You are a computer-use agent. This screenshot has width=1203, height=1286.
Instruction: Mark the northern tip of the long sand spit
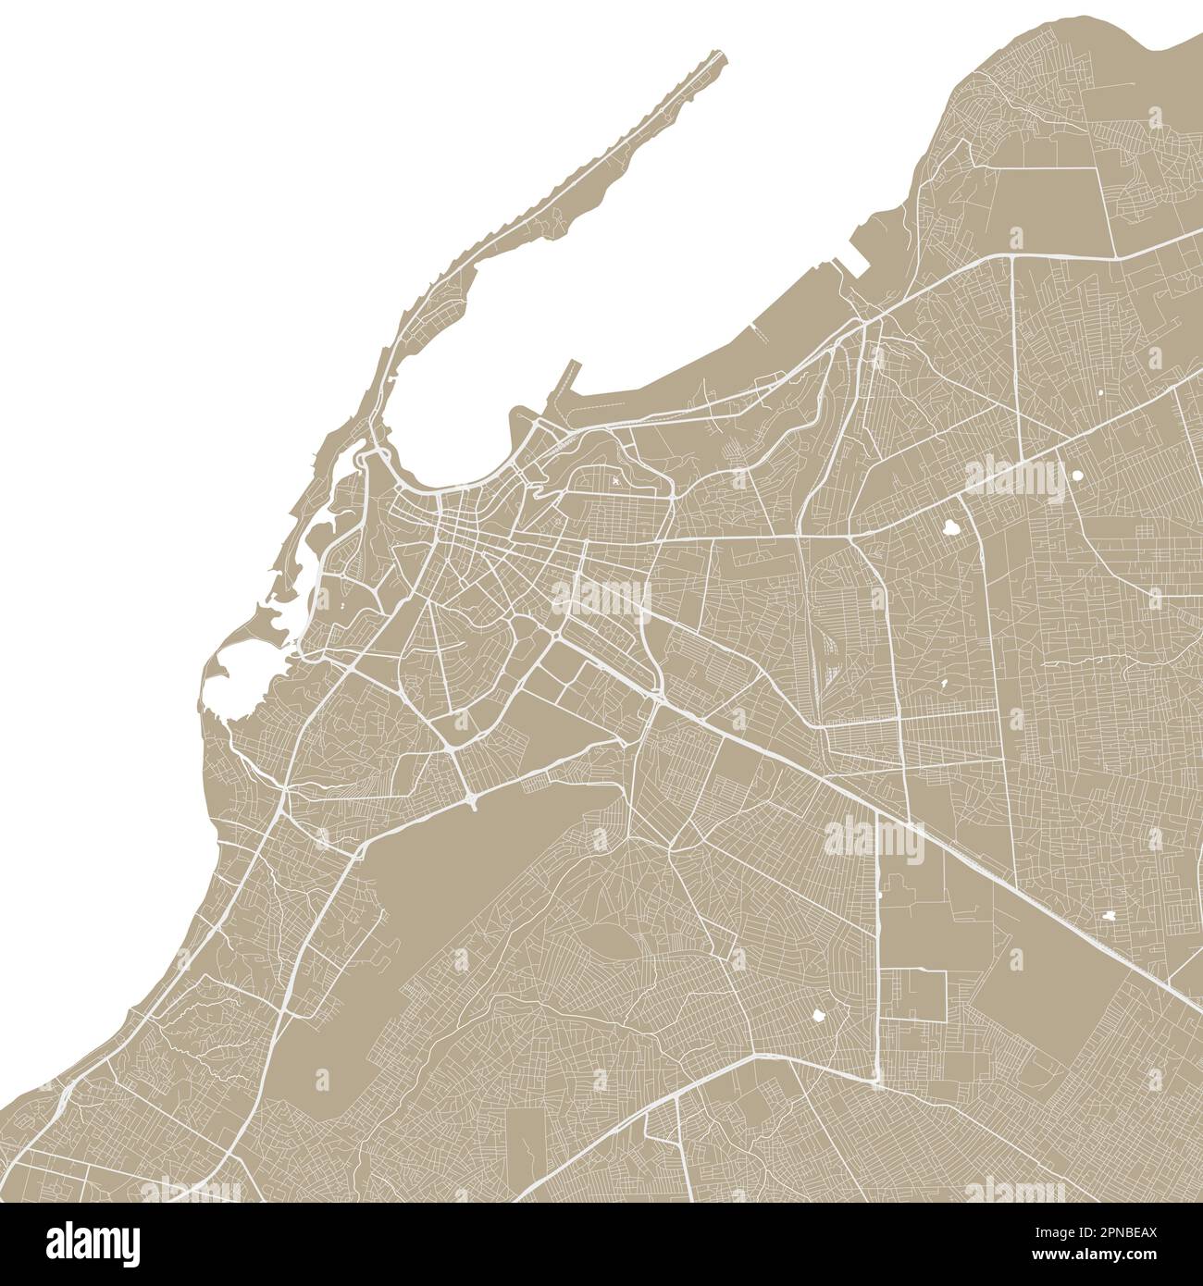point(720,56)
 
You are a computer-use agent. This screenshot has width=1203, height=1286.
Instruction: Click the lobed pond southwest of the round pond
point(951,528)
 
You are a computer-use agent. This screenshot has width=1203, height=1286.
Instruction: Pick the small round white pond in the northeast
point(1076,476)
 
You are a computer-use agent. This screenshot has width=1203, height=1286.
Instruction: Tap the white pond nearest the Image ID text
point(1109,914)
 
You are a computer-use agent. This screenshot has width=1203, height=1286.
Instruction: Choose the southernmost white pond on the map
point(817,1015)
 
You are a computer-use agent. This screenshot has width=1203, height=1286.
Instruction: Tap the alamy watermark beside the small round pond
point(1015,478)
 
